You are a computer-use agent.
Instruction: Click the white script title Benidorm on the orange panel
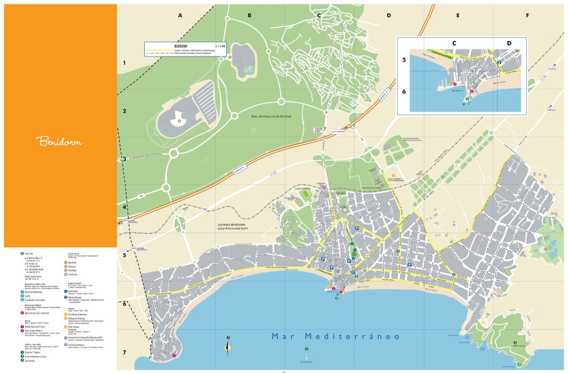pos(60,141)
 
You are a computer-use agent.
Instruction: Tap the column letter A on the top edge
pos(180,16)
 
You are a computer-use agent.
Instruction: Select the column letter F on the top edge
pos(527,16)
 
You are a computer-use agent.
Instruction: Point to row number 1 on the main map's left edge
pos(125,63)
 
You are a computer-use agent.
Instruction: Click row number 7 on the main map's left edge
pos(125,352)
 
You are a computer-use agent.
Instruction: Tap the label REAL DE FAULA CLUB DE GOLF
pos(271,117)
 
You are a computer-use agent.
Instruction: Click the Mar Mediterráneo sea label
pos(336,336)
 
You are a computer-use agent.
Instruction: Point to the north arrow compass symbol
pos(228,347)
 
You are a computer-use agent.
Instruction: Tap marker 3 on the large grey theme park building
pos(179,120)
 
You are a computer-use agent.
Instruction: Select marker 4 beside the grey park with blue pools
pos(230,57)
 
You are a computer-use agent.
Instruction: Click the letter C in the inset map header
pos(454,43)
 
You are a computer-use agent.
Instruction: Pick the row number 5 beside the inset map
pos(404,60)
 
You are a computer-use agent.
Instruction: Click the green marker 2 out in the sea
pos(307,349)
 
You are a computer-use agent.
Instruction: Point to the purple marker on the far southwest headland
pos(174,355)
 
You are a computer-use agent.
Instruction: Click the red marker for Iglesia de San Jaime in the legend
pos(22,313)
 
